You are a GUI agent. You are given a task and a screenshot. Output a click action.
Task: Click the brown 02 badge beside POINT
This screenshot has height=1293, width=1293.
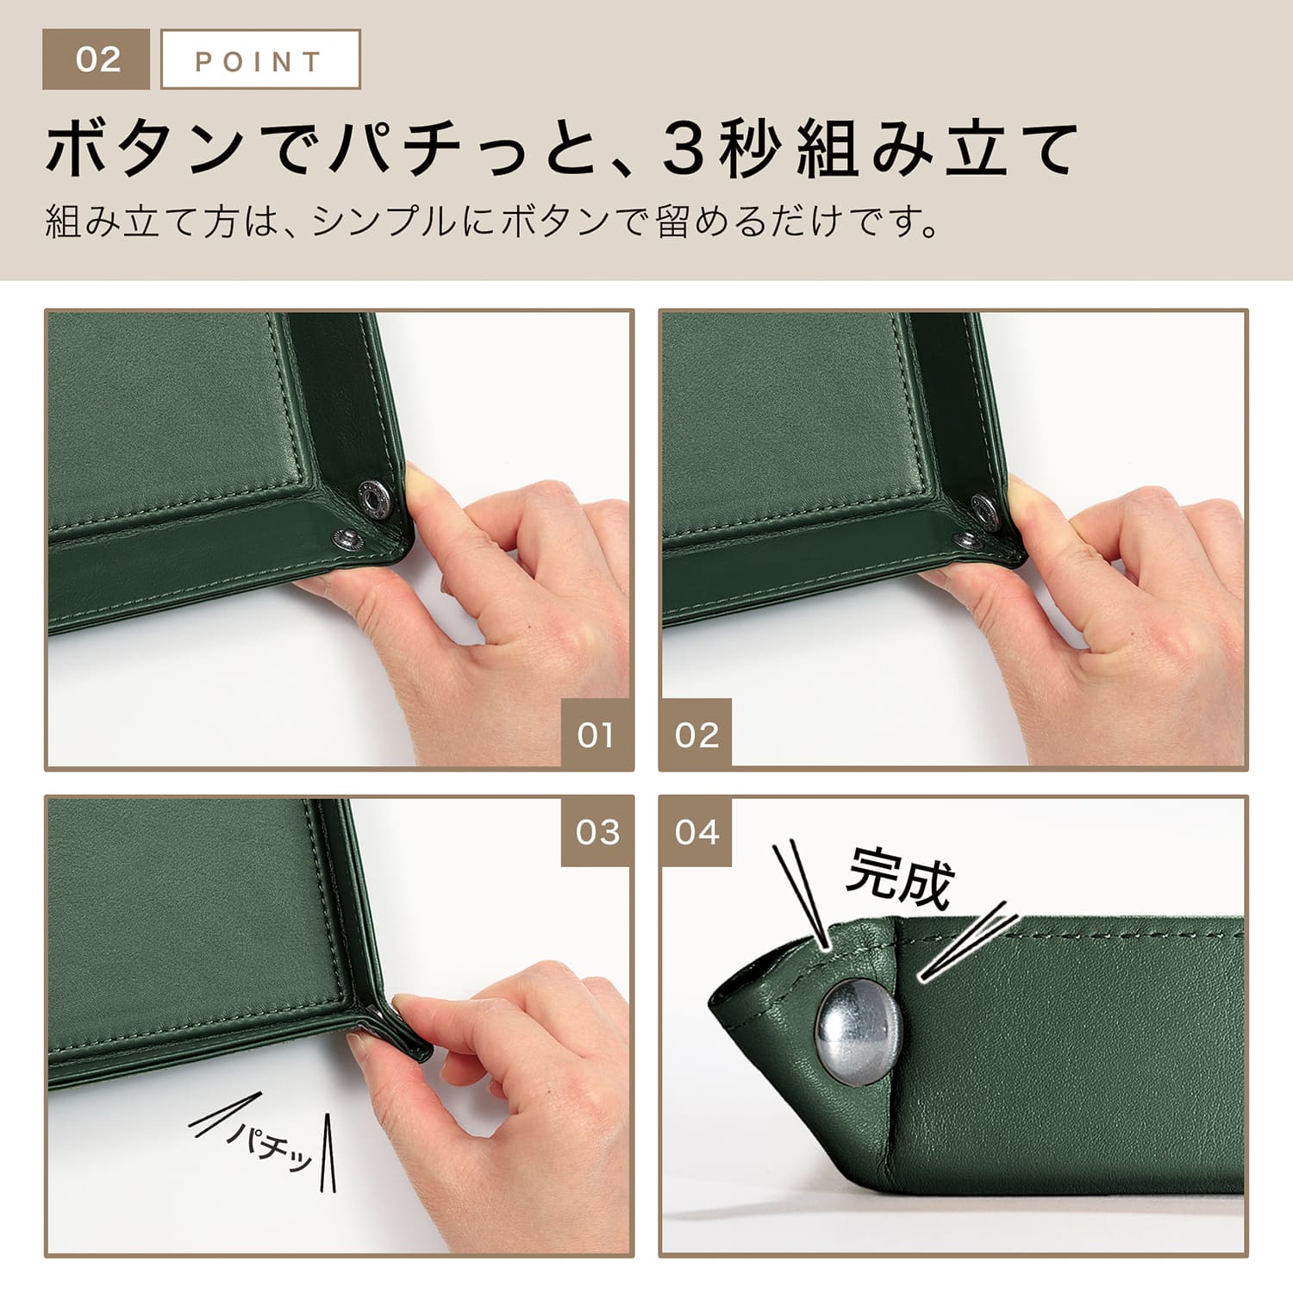[x=96, y=59]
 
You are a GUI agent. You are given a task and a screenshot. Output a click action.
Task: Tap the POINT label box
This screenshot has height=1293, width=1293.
[x=260, y=59]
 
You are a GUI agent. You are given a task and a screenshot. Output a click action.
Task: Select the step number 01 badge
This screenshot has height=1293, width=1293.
[x=596, y=734]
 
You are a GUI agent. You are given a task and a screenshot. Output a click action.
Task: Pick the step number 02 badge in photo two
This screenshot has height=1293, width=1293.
[x=696, y=734]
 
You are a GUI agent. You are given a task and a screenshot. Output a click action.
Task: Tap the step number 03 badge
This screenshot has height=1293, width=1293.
[x=597, y=832]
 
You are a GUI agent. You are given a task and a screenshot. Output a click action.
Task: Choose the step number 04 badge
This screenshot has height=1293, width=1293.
[x=696, y=832]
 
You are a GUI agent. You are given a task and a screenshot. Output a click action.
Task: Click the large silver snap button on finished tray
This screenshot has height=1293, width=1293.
[x=858, y=1029]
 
